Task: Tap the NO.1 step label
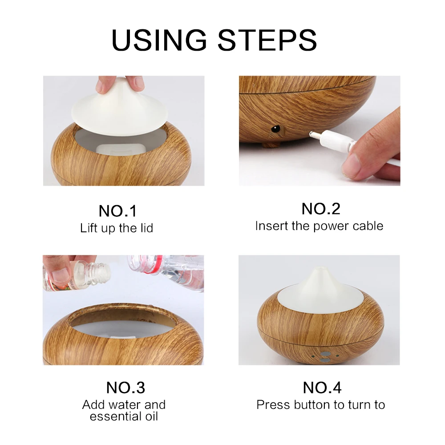[118, 211]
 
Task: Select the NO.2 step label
[321, 209]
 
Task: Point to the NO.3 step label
[125, 388]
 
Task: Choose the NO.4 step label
[322, 388]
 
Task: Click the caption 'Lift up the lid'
[116, 228]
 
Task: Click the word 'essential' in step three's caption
[112, 417]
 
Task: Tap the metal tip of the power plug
[315, 133]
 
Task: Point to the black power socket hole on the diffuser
[275, 129]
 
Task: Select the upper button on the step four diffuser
[326, 354]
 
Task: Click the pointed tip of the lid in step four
[320, 268]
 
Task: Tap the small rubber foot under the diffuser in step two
[271, 146]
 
